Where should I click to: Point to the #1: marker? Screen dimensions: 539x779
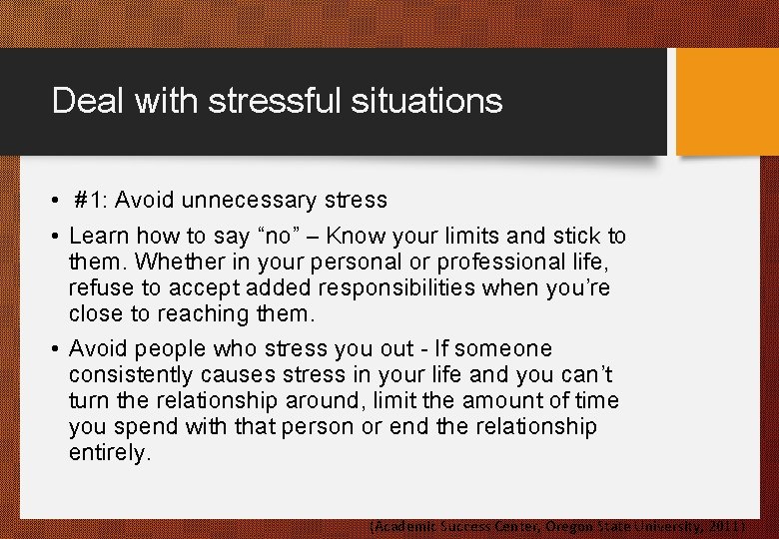pyautogui.click(x=91, y=200)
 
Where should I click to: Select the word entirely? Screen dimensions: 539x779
pyautogui.click(x=108, y=452)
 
